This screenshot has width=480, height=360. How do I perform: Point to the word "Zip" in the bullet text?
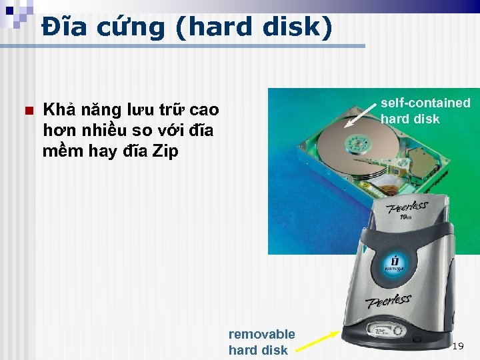pyautogui.click(x=165, y=151)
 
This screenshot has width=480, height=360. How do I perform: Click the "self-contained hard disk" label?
pyautogui.click(x=425, y=111)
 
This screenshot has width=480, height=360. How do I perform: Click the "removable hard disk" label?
pyautogui.click(x=261, y=341)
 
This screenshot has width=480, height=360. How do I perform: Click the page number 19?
pyautogui.click(x=457, y=346)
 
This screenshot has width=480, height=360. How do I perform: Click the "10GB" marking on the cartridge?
pyautogui.click(x=406, y=216)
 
